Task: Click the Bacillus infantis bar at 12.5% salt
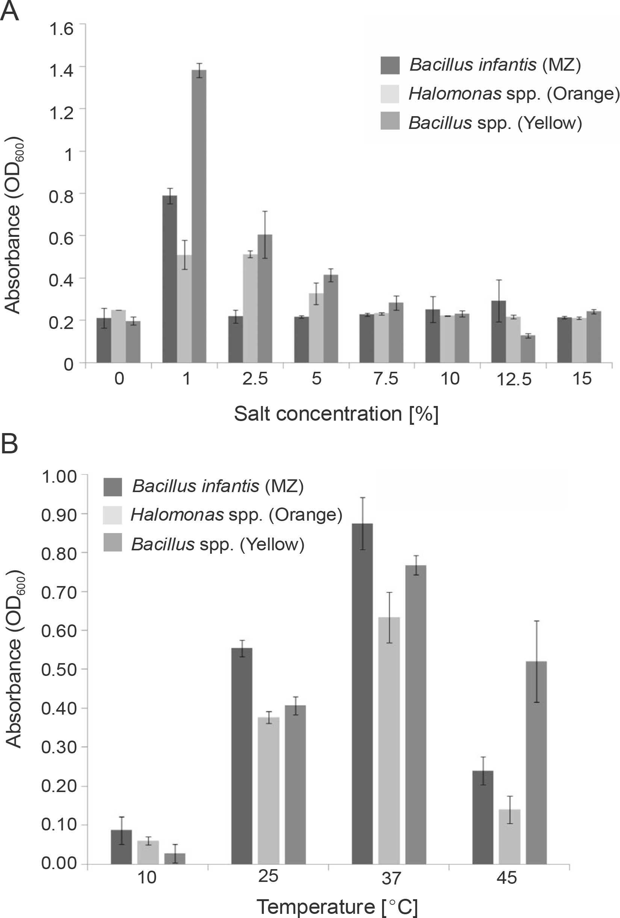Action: pos(498,332)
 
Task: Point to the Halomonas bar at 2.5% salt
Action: pos(250,309)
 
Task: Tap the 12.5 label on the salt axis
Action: pos(514,380)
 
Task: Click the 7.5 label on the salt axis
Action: pos(385,379)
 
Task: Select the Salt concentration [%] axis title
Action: pos(336,414)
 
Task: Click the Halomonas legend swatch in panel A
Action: pos(390,94)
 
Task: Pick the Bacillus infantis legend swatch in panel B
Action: pos(113,487)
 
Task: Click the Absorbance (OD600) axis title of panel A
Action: pos(13,225)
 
